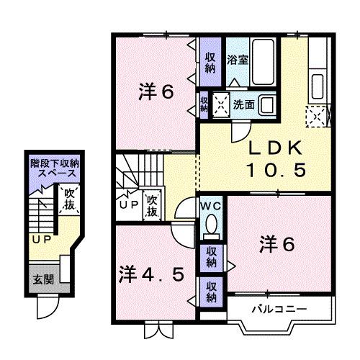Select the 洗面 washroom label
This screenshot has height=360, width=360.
[x=242, y=104]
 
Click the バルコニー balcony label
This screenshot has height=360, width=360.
[x=279, y=309]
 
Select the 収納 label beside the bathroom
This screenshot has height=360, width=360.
[x=210, y=63]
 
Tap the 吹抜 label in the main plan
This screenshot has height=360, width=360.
[x=152, y=207]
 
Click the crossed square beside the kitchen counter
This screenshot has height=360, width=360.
[x=317, y=113]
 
